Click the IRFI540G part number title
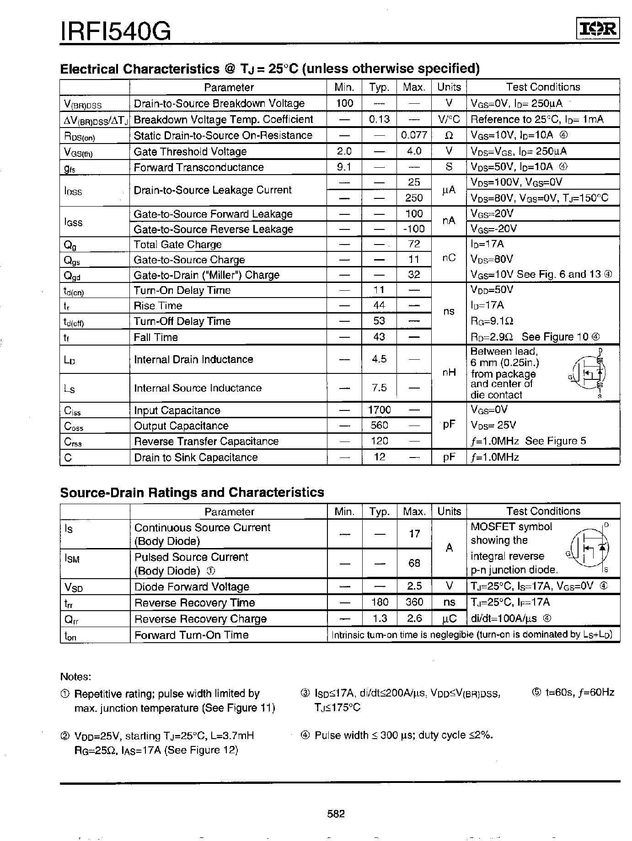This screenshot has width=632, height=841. (116, 32)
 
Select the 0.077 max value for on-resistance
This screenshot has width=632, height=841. (413, 135)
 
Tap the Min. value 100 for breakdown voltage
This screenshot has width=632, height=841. (344, 103)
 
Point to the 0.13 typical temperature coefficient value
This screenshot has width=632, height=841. (379, 119)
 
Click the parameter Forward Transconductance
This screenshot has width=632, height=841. (198, 167)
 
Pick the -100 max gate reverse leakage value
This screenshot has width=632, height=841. (413, 229)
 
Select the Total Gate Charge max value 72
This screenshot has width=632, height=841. (414, 244)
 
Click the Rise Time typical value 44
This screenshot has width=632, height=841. (379, 305)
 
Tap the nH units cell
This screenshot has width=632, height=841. (449, 373)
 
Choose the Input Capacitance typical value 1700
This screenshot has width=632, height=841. (379, 410)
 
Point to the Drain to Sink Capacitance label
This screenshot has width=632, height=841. (196, 458)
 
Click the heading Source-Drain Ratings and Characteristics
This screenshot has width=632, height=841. (192, 493)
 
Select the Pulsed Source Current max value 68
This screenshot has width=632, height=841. (414, 563)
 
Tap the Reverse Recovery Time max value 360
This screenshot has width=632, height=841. (414, 602)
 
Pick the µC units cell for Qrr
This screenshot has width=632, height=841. (449, 618)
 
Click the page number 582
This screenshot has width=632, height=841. (336, 814)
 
